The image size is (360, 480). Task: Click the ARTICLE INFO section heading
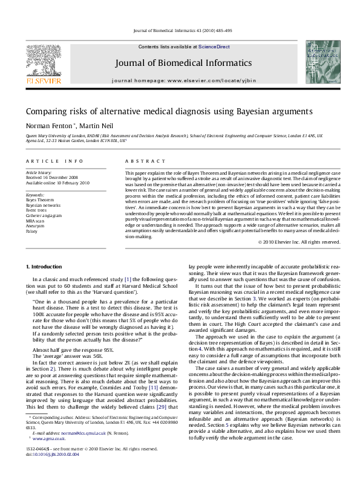tap(54, 161)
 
